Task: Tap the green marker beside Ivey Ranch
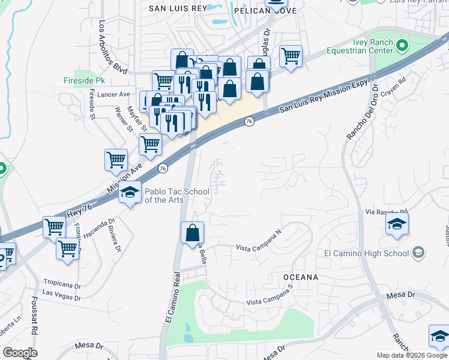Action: coord(402,45)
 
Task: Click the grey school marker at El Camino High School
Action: coord(418,253)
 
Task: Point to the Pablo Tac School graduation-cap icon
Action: coord(129,193)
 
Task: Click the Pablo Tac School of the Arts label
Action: coord(177,196)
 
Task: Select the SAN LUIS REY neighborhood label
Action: coord(177,8)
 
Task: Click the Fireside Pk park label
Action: coord(84,80)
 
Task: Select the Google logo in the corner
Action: coord(20,353)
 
